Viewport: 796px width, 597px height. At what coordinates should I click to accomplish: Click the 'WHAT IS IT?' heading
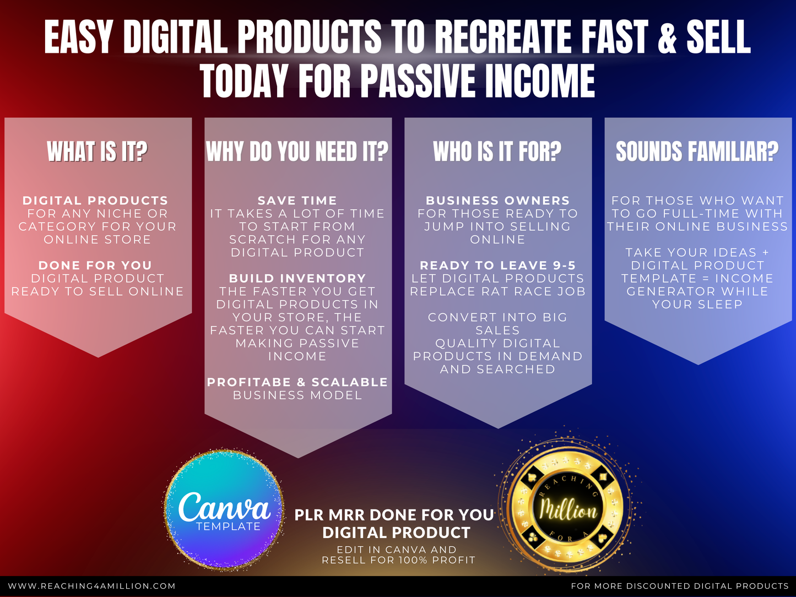97,151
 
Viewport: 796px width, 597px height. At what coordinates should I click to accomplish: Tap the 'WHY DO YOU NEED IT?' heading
297,151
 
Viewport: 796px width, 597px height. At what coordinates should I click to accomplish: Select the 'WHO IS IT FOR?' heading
497,151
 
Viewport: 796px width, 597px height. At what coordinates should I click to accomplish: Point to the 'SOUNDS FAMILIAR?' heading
697,151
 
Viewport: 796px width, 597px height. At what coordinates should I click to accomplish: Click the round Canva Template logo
224,510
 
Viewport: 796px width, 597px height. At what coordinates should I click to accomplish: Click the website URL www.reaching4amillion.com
92,586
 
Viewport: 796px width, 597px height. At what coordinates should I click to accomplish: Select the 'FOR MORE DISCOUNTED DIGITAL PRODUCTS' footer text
680,586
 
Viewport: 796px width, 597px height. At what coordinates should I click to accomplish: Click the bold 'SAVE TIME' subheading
297,200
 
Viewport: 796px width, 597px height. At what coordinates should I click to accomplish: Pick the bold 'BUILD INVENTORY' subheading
297,278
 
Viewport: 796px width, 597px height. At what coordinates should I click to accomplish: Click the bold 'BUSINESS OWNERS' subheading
497,200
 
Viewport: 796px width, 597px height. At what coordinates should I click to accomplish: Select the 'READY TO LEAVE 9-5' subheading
497,265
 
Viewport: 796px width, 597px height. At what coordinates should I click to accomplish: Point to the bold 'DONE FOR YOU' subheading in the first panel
95,265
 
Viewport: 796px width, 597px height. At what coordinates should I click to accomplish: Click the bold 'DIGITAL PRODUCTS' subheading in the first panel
95,200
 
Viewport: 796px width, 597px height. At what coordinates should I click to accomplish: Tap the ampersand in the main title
667,37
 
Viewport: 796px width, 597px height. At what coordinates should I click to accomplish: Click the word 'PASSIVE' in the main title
418,80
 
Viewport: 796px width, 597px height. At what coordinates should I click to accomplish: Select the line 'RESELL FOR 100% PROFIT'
398,560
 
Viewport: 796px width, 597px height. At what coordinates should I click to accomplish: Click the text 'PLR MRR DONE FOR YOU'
394,515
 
